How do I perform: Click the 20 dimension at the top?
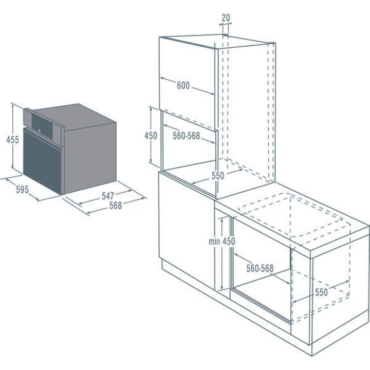[x=226, y=17]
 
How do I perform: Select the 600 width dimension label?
[x=183, y=85]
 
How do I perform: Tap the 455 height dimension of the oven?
[x=12, y=140]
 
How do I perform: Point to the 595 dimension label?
[x=22, y=189]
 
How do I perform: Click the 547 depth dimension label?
[x=108, y=196]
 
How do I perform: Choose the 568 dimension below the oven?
[x=116, y=206]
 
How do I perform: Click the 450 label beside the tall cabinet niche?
[x=151, y=136]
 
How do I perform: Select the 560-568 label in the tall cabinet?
[x=186, y=136]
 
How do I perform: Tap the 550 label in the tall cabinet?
[x=218, y=176]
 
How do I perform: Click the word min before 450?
[x=214, y=242]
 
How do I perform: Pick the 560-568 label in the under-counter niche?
[x=260, y=268]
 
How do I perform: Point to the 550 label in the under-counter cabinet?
[x=321, y=292]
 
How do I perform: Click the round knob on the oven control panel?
[x=39, y=131]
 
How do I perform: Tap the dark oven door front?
[x=43, y=160]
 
